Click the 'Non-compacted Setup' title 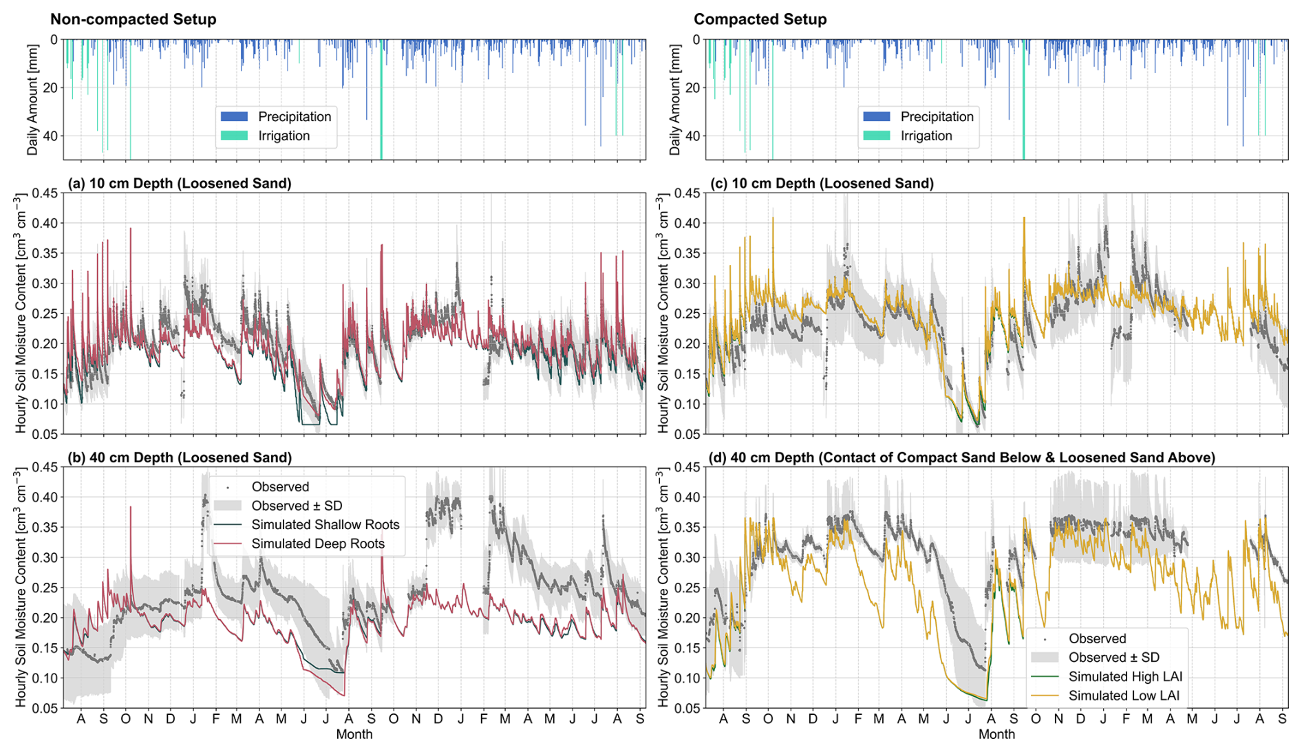(x=133, y=19)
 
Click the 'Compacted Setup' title (x=760, y=19)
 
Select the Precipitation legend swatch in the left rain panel (x=234, y=117)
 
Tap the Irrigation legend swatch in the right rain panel (x=876, y=136)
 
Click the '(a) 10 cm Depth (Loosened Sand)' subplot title (x=179, y=184)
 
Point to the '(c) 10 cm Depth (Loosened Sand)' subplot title (x=822, y=184)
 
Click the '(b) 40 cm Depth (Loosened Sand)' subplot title (x=179, y=458)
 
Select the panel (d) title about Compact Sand (x=961, y=458)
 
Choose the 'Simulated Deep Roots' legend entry (x=317, y=544)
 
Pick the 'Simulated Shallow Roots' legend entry (x=325, y=525)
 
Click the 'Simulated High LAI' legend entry (x=1124, y=677)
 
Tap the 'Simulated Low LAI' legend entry (x=1123, y=696)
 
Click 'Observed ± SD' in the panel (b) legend (x=297, y=506)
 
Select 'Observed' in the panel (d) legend (x=1097, y=639)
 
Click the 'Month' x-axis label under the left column (x=354, y=735)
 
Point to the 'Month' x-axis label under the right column (x=996, y=735)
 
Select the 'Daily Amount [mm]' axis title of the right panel (x=675, y=100)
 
